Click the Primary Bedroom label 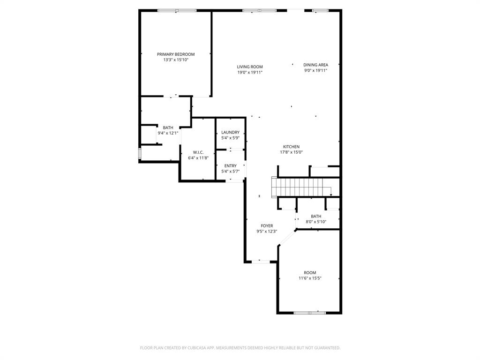click(176, 54)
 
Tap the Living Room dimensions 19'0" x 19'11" click(249, 73)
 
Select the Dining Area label click(315, 65)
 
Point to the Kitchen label click(291, 147)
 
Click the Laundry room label click(230, 133)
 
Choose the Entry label click(230, 166)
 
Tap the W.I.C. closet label click(198, 152)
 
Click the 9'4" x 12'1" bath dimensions click(168, 133)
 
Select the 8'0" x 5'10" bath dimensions click(316, 222)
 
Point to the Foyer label click(267, 226)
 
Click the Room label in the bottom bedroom click(310, 273)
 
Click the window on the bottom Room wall click(309, 312)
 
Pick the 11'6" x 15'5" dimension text click(310, 278)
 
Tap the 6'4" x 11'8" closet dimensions click(198, 158)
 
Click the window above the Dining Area click(321, 10)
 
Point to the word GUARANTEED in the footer click(326, 348)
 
